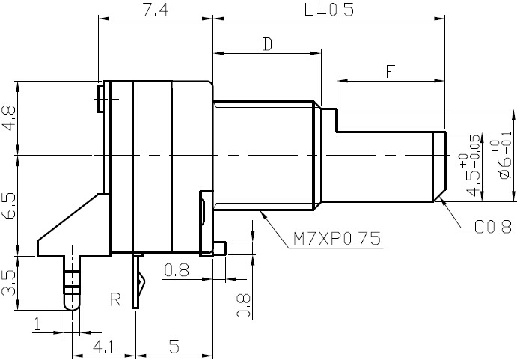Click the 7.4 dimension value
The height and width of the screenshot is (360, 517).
click(x=156, y=10)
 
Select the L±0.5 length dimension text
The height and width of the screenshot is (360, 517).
click(x=329, y=10)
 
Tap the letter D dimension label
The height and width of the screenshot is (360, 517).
click(x=267, y=44)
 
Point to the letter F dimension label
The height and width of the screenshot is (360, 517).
click(x=391, y=71)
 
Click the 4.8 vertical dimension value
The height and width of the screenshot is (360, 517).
click(x=9, y=118)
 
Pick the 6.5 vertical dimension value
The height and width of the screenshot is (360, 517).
click(x=9, y=206)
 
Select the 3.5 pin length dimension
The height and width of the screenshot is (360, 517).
click(x=9, y=283)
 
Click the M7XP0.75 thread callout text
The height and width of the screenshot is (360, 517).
click(x=337, y=238)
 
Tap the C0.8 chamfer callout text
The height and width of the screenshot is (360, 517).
click(x=493, y=227)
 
